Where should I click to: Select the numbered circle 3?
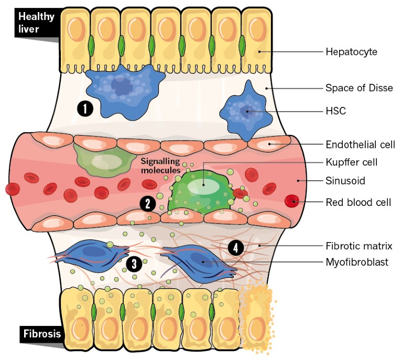(135, 264)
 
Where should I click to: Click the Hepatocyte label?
(351, 51)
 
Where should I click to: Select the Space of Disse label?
(359, 88)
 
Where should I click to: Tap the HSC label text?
(335, 111)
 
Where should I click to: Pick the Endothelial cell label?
(360, 144)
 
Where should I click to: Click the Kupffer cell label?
(351, 162)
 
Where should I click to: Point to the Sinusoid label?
(345, 181)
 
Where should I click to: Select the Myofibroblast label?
(356, 262)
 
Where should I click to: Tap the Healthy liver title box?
(36, 22)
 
